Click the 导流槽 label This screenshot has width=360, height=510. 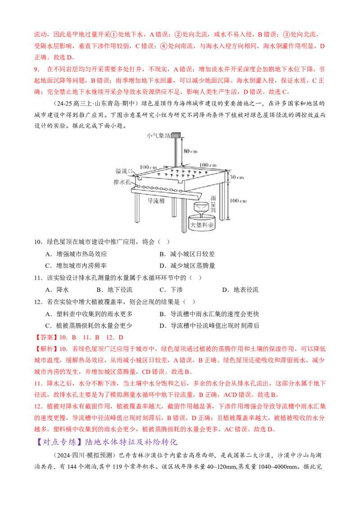(x=156, y=201)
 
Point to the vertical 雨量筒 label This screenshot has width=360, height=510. (x=213, y=204)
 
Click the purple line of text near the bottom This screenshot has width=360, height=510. (x=108, y=443)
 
